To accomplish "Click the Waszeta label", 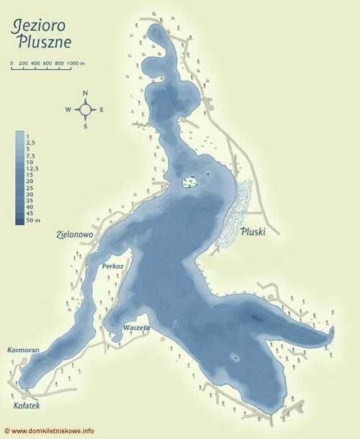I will [136, 327].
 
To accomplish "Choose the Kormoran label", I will [23, 350].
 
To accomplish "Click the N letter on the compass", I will [85, 94].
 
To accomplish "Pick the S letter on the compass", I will [85, 126].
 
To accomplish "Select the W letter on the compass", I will [68, 110].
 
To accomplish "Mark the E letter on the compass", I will [102, 110].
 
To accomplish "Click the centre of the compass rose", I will [85, 110].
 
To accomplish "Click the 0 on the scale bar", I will [12, 64].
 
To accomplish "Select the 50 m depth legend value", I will [31, 221].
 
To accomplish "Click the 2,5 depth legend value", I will [30, 142].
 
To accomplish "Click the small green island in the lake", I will [189, 182].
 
